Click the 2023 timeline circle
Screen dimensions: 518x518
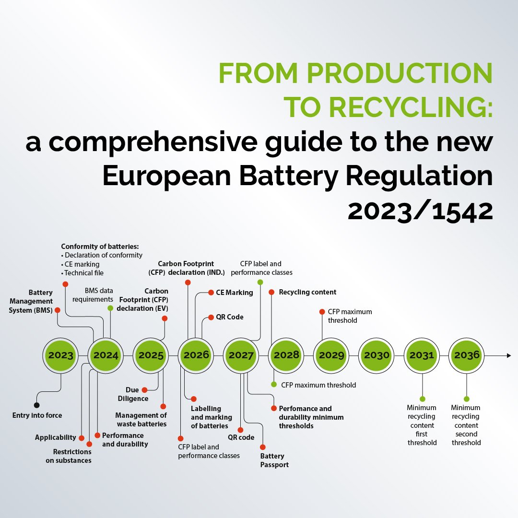point(61,355)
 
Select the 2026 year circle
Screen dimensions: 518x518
point(196,355)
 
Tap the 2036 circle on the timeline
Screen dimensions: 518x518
point(467,355)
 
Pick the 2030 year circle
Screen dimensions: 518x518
point(377,355)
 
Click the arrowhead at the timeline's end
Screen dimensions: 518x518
point(508,355)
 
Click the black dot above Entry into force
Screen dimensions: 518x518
point(37,405)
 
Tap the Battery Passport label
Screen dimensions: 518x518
point(274,460)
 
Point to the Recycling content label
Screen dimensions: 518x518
point(307,292)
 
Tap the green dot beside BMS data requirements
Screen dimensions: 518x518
point(110,308)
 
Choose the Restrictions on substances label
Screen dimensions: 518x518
point(72,456)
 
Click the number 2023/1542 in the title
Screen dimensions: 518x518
point(420,211)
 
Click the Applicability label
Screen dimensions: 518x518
point(56,437)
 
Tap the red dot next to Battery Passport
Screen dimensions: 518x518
point(263,447)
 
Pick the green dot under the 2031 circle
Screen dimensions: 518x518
point(422,399)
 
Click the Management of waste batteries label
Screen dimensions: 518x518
point(141,420)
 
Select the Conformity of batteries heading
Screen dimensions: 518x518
point(100,247)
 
